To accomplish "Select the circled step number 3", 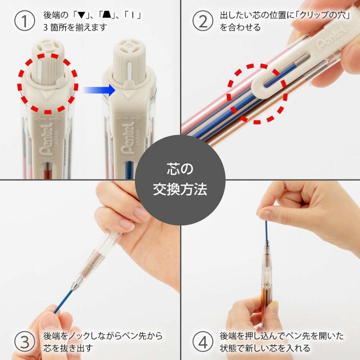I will click(25, 342).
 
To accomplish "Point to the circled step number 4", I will click(203, 342).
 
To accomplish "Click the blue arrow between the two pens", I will click(99, 90).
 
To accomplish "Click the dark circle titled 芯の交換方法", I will click(180, 180).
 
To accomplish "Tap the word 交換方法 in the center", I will click(180, 189).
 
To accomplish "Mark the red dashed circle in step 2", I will click(257, 93).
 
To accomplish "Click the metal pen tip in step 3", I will click(76, 284).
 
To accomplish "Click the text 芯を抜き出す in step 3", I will click(68, 348).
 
